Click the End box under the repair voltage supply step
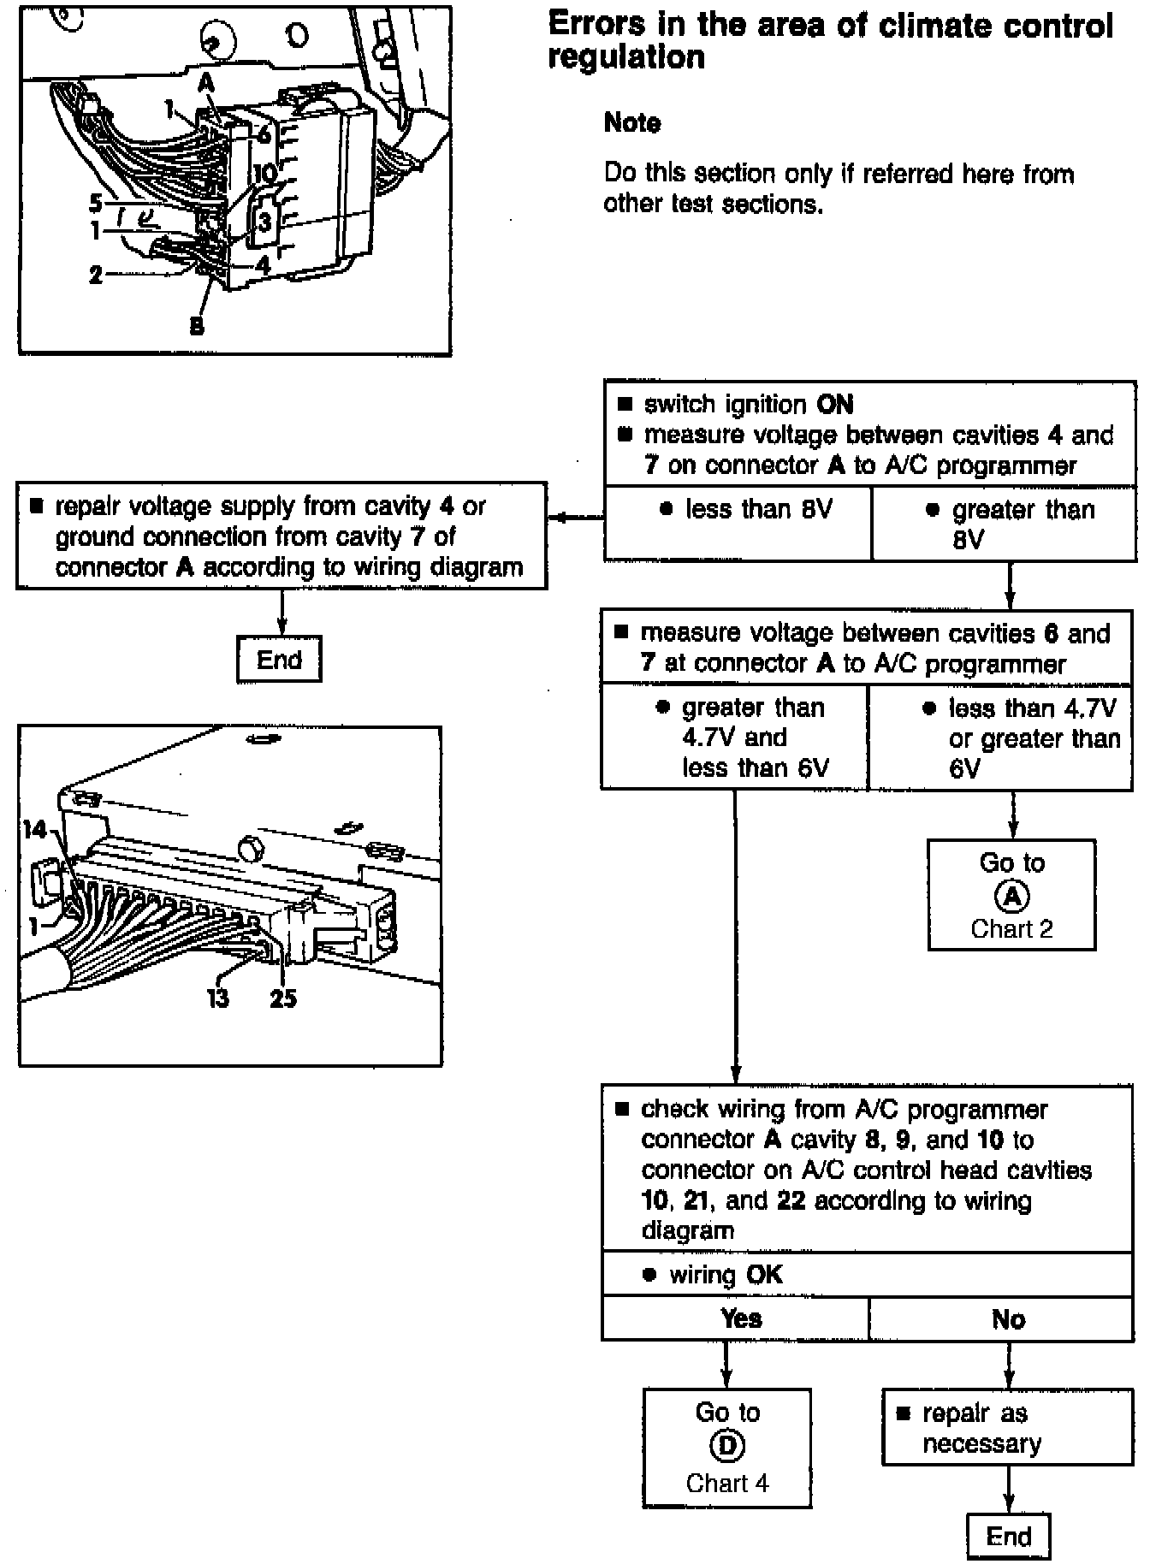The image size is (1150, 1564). tap(279, 659)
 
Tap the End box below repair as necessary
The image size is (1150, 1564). tap(1008, 1536)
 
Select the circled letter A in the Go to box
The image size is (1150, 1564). tap(1011, 896)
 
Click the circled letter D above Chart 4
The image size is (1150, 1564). tap(727, 1445)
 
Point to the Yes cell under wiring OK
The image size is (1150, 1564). tap(740, 1318)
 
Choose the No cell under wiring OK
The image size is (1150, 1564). tap(1008, 1318)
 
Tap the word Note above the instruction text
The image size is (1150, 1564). tap(631, 123)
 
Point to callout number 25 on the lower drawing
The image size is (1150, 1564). tap(283, 998)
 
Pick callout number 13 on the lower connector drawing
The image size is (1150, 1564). tap(218, 998)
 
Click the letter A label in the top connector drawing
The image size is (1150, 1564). tap(206, 81)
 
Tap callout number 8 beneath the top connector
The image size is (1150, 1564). tap(197, 326)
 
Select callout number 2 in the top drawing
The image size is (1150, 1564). tap(96, 275)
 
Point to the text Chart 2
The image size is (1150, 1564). tap(1011, 929)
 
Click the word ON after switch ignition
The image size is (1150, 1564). tap(835, 404)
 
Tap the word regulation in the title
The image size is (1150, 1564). tap(626, 57)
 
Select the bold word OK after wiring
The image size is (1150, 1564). tap(764, 1275)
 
